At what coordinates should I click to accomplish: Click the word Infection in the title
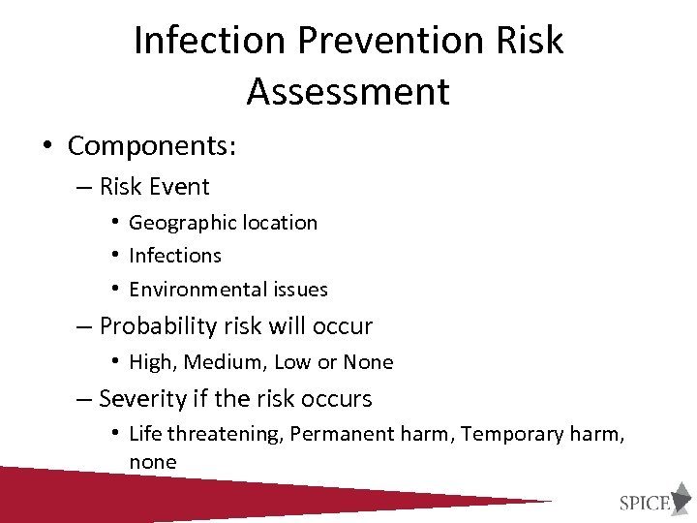pos(210,41)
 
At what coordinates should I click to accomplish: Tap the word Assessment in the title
pos(348,92)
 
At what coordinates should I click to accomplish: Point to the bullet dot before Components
pos(46,146)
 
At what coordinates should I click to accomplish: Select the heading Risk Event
pos(154,186)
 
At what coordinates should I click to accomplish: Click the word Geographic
pos(174,223)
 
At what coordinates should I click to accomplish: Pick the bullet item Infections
pos(175,256)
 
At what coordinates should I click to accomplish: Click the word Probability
pos(157,326)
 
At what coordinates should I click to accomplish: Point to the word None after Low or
pos(368,362)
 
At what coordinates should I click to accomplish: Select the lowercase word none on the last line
pos(153,463)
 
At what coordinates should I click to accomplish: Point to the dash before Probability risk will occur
pos(84,326)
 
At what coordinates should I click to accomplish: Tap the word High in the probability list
pos(150,362)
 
